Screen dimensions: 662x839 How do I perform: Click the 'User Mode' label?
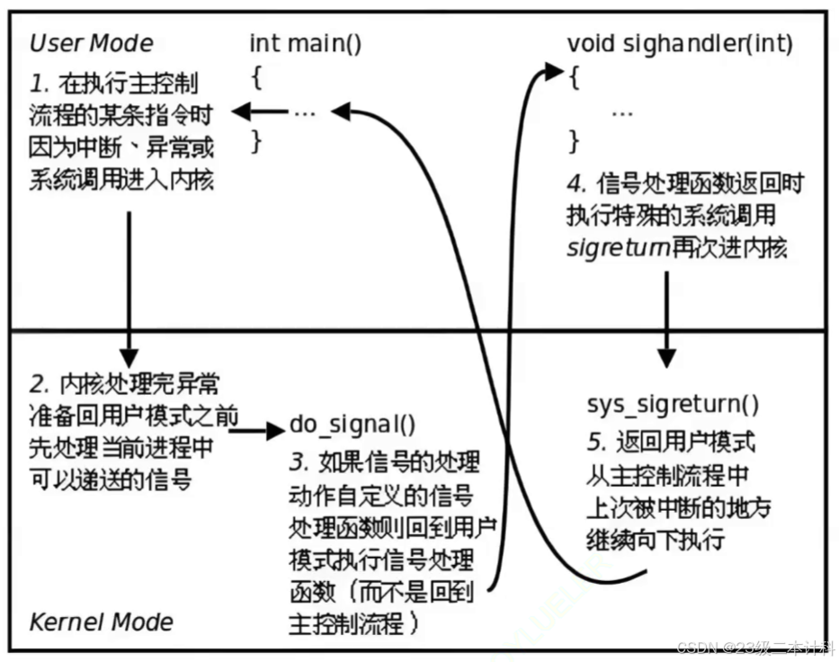click(92, 43)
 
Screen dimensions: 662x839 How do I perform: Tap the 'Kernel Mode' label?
click(102, 622)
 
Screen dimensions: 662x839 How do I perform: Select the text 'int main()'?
click(306, 43)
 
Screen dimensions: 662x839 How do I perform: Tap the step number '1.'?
click(38, 84)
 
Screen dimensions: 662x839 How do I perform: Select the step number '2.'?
click(38, 385)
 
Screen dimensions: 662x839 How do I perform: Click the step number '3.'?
click(298, 463)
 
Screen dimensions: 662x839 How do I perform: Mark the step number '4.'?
click(576, 184)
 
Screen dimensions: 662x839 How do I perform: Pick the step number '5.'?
click(595, 443)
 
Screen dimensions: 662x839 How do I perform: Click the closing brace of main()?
click(256, 140)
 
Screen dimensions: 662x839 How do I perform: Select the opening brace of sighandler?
click(573, 78)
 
